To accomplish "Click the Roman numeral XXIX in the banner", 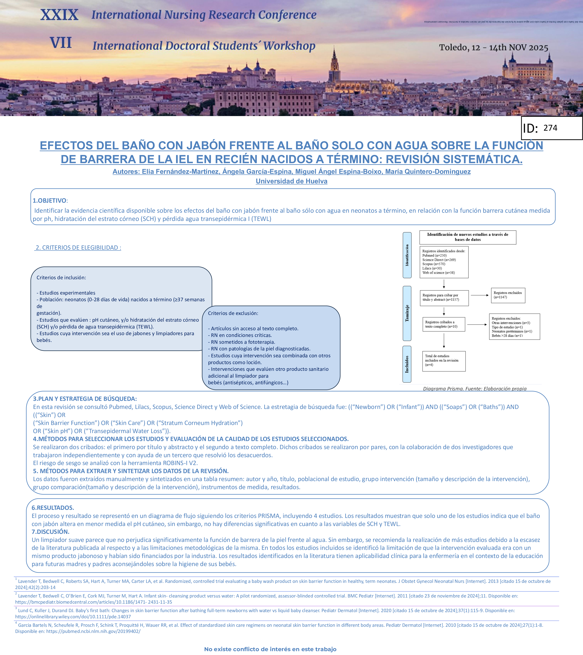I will click(x=59, y=15).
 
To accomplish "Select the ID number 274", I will click(x=550, y=128).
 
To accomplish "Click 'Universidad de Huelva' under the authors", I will click(x=291, y=181).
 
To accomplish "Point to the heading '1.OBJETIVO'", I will click(x=50, y=201).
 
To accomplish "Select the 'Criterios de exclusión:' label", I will click(x=233, y=313).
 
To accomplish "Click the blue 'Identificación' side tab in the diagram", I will click(x=407, y=255).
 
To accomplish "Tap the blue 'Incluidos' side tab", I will click(x=407, y=364).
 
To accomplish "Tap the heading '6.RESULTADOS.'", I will click(x=53, y=508).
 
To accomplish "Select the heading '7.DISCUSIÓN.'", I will click(x=50, y=532).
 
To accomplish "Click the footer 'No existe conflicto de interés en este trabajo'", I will click(x=270, y=649).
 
